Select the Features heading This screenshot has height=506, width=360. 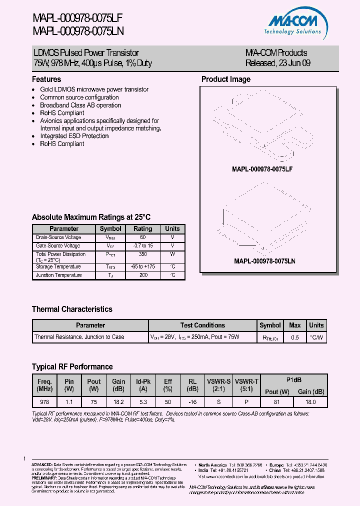(x=46, y=79)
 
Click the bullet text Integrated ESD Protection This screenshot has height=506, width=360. (x=74, y=136)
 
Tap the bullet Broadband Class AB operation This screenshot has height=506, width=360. (x=80, y=105)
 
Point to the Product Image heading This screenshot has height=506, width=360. (x=225, y=79)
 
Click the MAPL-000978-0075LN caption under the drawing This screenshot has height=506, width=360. (x=264, y=261)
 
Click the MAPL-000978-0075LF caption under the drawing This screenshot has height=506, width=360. (x=262, y=169)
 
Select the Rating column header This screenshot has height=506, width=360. (x=142, y=228)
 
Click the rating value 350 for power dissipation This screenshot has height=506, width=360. (x=142, y=254)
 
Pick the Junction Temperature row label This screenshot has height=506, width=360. (x=58, y=275)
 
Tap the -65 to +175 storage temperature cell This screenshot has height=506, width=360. (x=142, y=266)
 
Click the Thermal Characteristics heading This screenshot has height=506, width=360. (x=72, y=309)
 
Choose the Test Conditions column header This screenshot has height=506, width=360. (x=202, y=325)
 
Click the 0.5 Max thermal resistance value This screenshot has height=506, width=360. (x=294, y=337)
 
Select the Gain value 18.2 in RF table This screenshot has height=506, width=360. (x=118, y=401)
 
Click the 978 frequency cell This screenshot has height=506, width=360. (x=44, y=401)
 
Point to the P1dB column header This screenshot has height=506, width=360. (x=294, y=379)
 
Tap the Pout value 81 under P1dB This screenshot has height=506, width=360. (x=276, y=401)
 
